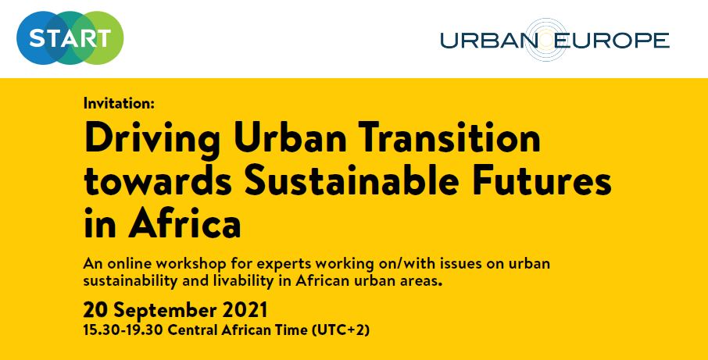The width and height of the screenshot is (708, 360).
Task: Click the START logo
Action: coord(70,38)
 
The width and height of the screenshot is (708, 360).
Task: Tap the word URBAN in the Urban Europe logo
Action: coord(488,41)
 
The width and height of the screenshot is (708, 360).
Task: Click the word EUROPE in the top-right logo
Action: coord(611,41)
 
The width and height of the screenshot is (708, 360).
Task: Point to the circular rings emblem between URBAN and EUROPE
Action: coord(545,40)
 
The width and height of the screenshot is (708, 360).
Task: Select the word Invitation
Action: coord(119,103)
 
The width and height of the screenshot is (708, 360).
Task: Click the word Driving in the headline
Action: coord(152,137)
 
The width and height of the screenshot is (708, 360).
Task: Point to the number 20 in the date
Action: coord(95,310)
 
